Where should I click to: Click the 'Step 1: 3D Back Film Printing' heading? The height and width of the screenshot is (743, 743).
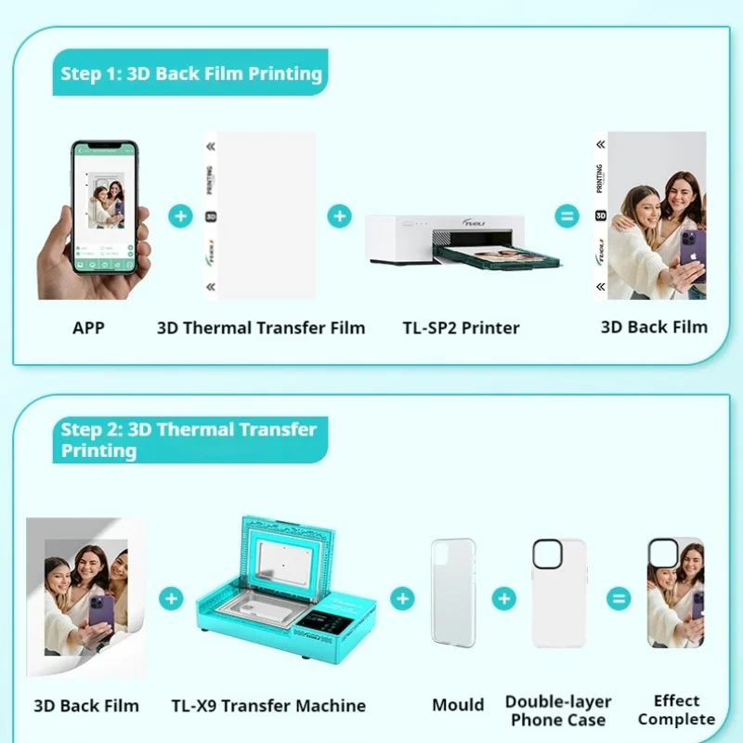click(x=191, y=74)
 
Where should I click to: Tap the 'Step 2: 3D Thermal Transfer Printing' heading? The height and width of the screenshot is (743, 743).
click(x=189, y=439)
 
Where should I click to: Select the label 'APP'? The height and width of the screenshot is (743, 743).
click(x=88, y=327)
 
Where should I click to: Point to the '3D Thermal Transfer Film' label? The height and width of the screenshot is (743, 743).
click(x=261, y=327)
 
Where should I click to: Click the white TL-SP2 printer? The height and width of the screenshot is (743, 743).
click(x=446, y=240)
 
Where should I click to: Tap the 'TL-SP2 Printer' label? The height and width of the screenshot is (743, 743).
click(x=461, y=327)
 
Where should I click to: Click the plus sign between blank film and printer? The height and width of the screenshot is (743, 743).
click(x=340, y=217)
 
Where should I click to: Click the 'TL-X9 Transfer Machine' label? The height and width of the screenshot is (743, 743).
click(x=268, y=706)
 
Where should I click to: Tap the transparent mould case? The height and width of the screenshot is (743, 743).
click(x=452, y=592)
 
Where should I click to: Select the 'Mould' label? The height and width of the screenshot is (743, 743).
click(x=458, y=705)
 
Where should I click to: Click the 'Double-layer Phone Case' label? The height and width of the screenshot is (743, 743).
click(x=557, y=710)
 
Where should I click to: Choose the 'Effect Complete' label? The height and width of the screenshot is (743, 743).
click(x=676, y=710)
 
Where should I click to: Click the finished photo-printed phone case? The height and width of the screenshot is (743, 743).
click(x=675, y=592)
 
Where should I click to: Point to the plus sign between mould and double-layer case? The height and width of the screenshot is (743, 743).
click(x=503, y=598)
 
